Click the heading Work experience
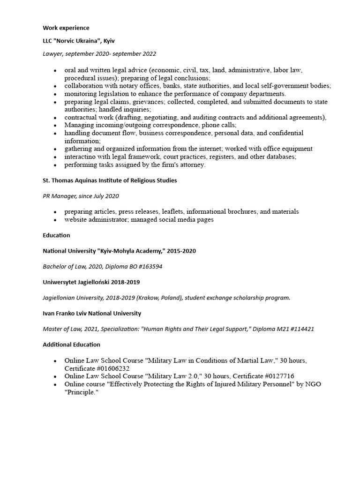pos(66,28)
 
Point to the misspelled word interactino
pos(81,157)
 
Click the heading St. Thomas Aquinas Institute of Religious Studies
pos(110,180)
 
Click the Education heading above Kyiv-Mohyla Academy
pos(56,235)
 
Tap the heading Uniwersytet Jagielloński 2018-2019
pos(91,282)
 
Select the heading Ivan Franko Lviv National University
pos(92,313)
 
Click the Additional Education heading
pos(71,345)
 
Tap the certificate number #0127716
pos(278,376)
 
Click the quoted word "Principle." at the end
pos(82,392)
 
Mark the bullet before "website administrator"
pos(55,220)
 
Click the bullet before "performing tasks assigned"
pos(55,165)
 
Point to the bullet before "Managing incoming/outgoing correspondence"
pos(55,126)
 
